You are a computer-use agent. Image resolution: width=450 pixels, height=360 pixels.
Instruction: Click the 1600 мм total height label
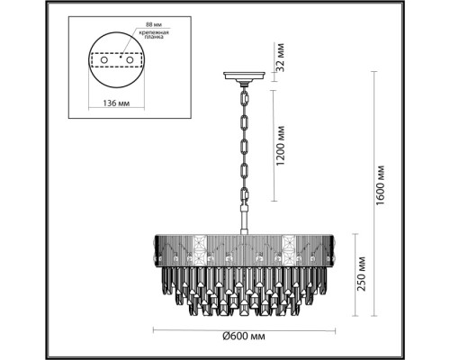[384, 180]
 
